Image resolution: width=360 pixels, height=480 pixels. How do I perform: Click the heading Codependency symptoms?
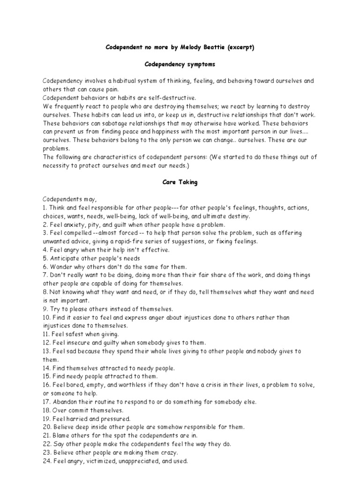(x=180, y=64)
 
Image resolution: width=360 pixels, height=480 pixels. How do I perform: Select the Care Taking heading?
(x=180, y=182)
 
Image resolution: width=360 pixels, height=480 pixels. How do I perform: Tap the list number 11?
(x=46, y=334)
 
